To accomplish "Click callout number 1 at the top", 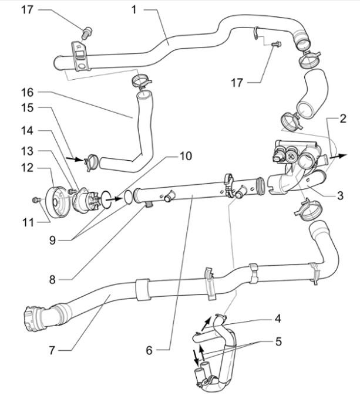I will pyautogui.click(x=134, y=9).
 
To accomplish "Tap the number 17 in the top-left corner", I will pyautogui.click(x=27, y=10).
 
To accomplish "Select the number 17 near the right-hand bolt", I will pyautogui.click(x=236, y=83).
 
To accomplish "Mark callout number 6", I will pyautogui.click(x=149, y=350).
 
